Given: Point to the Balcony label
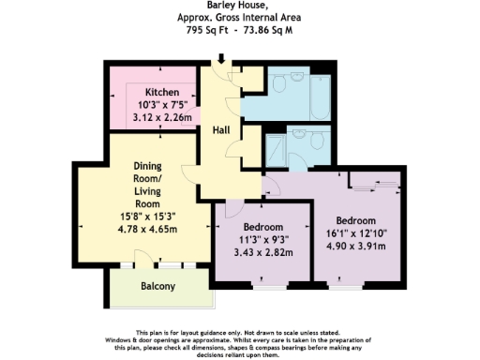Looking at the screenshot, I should [x=157, y=286].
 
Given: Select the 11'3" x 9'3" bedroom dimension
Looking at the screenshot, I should [x=263, y=240].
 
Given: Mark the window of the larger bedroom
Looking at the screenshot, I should [x=362, y=281].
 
